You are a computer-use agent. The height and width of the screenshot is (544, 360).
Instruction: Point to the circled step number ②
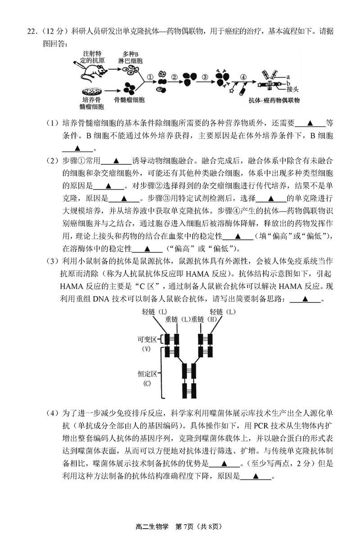click(175, 77)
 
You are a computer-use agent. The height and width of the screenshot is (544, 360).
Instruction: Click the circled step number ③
click(205, 77)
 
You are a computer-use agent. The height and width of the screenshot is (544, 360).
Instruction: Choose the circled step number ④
click(243, 77)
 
